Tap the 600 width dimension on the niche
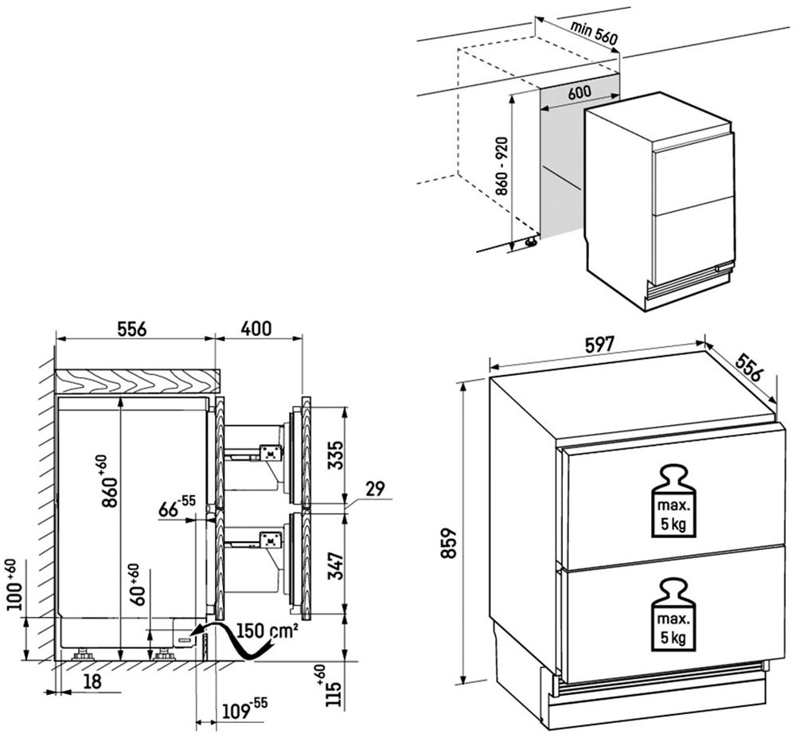point(579,92)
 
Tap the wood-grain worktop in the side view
point(135,381)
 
